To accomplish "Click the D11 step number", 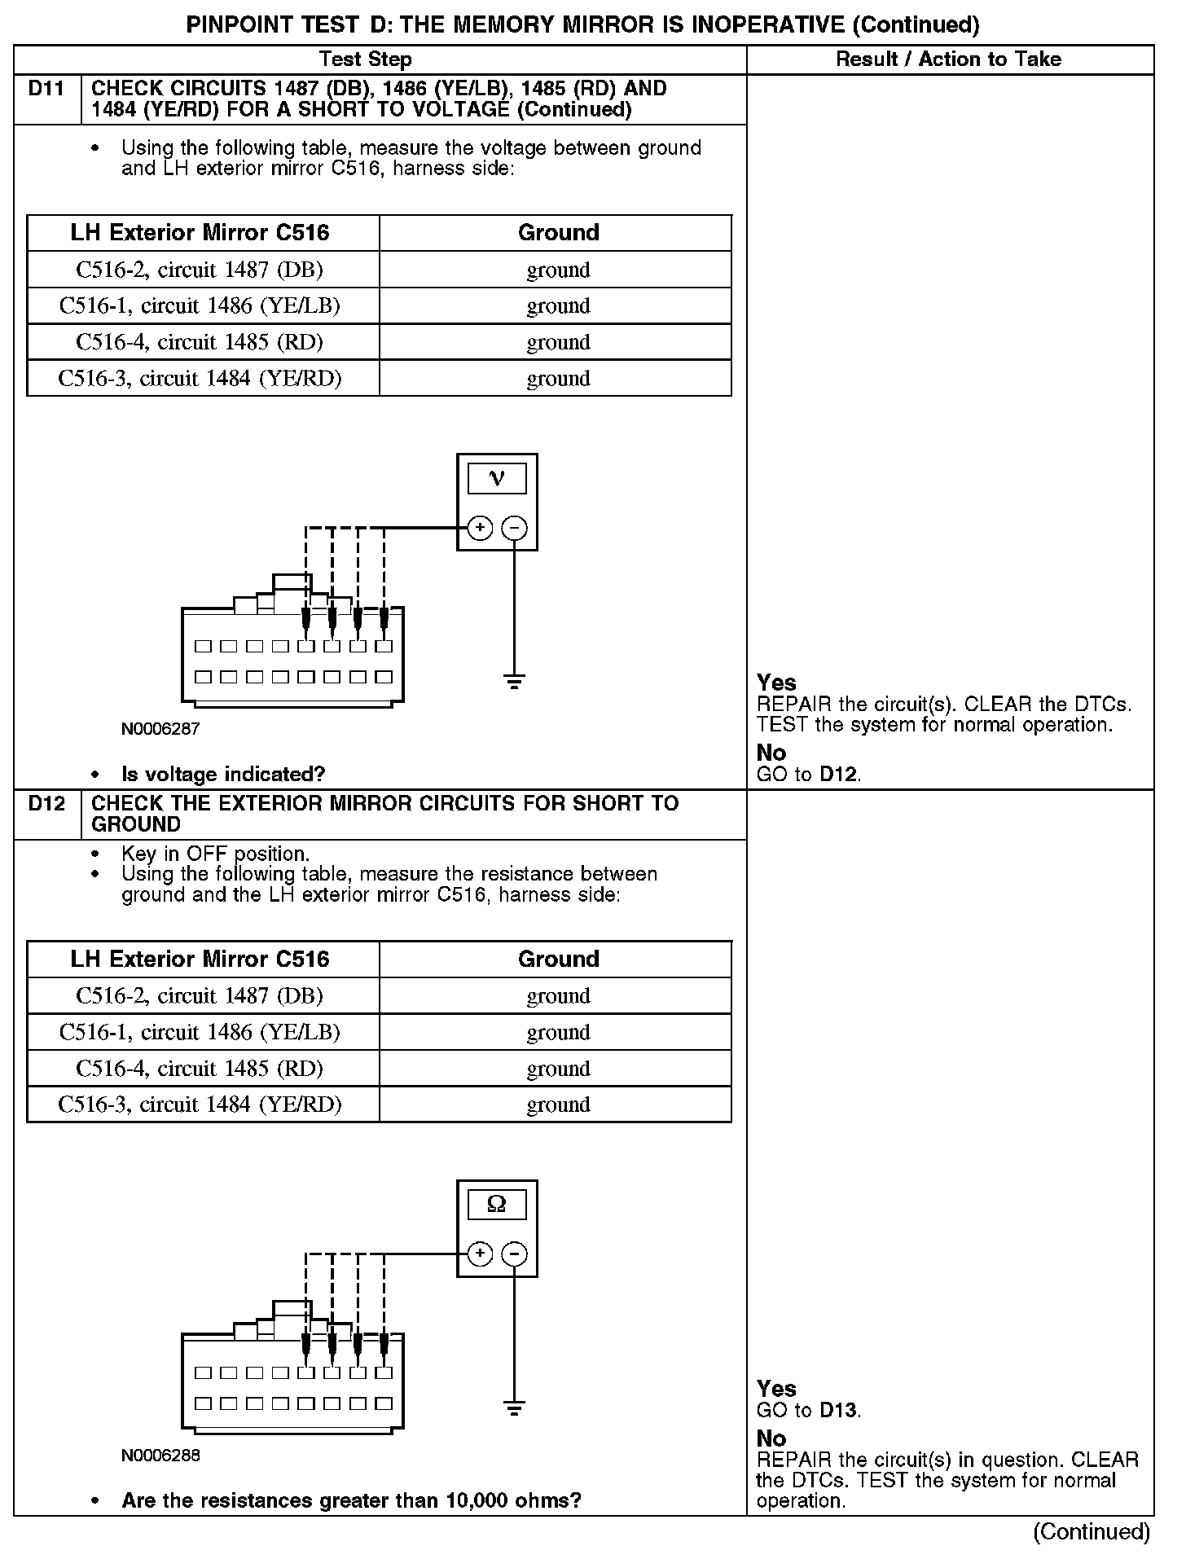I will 46,89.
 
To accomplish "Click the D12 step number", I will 46,804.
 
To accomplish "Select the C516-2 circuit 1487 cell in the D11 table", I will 200,270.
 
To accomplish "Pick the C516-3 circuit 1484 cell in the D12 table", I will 200,1104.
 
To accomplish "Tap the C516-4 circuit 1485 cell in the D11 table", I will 200,342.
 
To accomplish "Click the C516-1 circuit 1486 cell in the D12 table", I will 200,1032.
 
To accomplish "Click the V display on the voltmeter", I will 497,479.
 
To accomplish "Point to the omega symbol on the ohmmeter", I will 497,1205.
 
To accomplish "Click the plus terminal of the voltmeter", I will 481,528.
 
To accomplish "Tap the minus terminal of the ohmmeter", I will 514,1254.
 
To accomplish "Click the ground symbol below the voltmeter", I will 514,682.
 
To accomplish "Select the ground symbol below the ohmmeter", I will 514,1407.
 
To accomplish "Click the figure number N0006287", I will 160,729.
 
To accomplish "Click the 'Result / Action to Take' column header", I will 949,59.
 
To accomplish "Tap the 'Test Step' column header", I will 366,59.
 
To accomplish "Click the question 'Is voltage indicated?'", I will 223,774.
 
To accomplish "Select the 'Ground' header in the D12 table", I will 558,959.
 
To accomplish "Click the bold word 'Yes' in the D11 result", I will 776,683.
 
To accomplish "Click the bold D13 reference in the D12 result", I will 838,1410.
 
